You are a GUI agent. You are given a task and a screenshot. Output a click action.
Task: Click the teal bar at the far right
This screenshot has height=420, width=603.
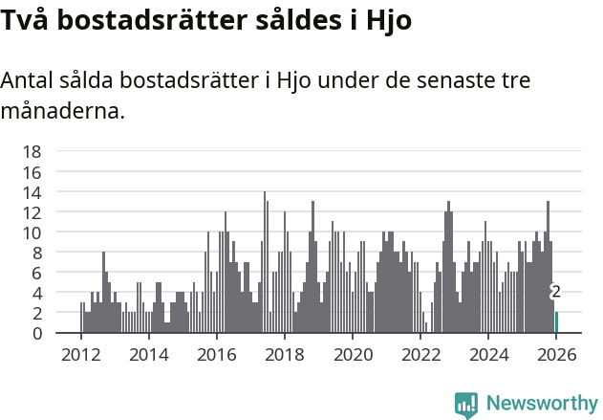(556, 322)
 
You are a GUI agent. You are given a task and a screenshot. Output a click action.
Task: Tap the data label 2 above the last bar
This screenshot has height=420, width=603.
(555, 292)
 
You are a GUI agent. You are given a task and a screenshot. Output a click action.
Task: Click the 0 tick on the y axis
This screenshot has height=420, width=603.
(35, 334)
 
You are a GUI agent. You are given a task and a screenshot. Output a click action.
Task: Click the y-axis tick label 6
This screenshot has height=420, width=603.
(35, 273)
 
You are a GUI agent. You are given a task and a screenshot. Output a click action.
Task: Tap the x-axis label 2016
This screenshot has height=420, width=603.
(216, 354)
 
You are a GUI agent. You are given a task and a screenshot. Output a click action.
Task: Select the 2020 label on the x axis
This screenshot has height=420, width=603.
(352, 354)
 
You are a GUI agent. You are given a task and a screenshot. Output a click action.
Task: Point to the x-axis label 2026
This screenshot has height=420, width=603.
(556, 354)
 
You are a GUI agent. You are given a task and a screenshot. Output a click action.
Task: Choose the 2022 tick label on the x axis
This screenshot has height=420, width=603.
(420, 354)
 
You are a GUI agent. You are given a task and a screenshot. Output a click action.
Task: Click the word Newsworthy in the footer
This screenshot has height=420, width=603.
(542, 403)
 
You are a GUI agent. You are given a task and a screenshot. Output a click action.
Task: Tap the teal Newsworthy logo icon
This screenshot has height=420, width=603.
(466, 405)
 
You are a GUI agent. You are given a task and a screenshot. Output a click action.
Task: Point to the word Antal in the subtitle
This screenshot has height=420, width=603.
(29, 80)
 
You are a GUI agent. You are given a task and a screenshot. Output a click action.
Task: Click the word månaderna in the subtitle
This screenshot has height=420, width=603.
(62, 111)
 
